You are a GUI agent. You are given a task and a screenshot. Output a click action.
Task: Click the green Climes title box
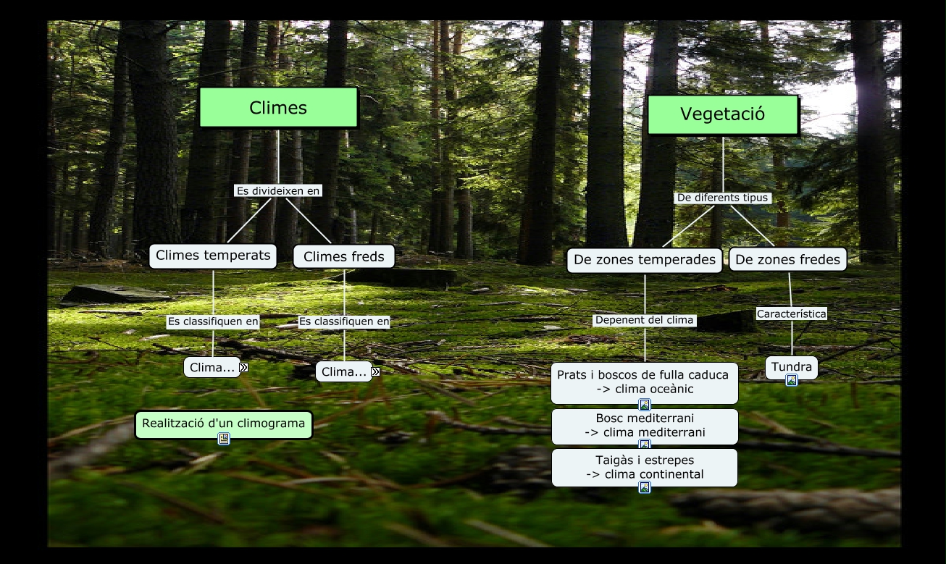[x=278, y=108]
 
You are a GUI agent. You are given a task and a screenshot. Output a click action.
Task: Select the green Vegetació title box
[x=722, y=114]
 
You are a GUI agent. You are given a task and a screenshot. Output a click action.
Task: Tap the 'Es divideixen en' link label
[x=278, y=191]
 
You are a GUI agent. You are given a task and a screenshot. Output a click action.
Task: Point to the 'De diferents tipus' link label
[x=722, y=198]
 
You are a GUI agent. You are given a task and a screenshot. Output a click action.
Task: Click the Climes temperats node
[x=213, y=256]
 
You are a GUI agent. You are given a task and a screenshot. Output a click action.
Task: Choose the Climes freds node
[x=344, y=256]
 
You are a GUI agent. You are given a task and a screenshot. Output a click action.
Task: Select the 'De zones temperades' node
[x=644, y=260]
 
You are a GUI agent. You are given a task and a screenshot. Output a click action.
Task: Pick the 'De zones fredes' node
[x=787, y=260]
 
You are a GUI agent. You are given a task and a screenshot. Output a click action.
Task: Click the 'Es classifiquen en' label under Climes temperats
[x=213, y=322]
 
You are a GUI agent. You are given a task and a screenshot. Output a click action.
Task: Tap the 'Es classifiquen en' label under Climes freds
[x=344, y=321]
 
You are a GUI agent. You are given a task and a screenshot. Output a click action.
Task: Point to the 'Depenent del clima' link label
[x=644, y=320]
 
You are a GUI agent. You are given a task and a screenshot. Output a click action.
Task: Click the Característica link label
[x=791, y=314]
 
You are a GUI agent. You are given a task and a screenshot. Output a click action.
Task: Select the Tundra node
[x=791, y=366]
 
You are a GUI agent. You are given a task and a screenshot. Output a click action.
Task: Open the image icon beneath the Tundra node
[x=792, y=380]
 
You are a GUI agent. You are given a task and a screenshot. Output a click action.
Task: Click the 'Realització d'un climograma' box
[x=223, y=424]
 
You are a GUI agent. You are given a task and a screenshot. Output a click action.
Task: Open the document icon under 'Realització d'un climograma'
[x=224, y=438]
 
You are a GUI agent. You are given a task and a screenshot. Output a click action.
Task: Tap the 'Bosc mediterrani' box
[x=644, y=425]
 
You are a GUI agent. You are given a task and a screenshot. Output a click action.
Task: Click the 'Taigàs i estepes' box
[x=644, y=467]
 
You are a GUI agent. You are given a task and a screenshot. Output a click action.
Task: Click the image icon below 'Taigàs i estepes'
[x=645, y=487]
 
